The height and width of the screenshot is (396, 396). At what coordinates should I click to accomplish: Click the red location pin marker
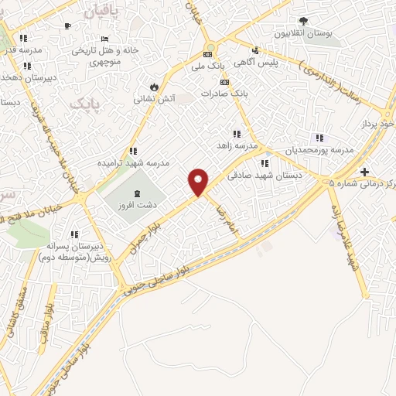click(199, 182)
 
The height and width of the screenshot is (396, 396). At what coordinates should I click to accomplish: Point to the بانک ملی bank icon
click(207, 55)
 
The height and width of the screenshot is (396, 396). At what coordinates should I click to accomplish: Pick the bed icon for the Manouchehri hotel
click(104, 39)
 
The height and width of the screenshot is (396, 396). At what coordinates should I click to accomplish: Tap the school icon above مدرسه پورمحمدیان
click(320, 137)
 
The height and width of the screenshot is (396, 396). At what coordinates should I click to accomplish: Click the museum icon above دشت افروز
click(137, 193)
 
